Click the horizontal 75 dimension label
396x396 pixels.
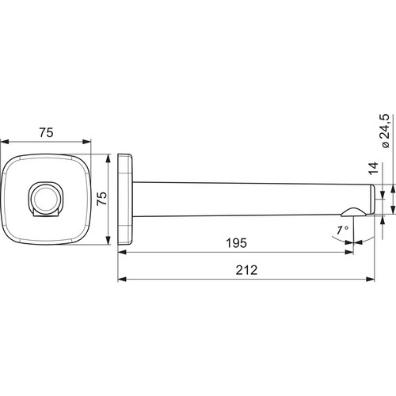click(47, 132)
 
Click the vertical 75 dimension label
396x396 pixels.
click(102, 198)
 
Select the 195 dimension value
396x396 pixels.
click(237, 243)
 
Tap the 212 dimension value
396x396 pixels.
click(246, 270)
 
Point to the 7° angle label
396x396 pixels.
click(343, 230)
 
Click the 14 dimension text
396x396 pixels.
click(374, 169)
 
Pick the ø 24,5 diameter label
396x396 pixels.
click(384, 131)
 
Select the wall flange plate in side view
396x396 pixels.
click(125, 200)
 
